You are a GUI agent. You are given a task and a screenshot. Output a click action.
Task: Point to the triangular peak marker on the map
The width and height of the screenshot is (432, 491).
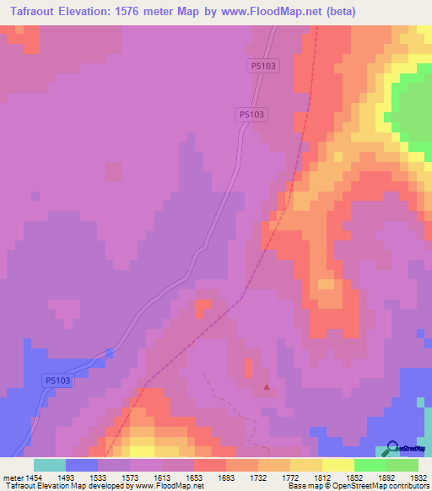(x=267, y=388)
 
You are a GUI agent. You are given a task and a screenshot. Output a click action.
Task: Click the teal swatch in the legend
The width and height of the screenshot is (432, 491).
(x=49, y=465)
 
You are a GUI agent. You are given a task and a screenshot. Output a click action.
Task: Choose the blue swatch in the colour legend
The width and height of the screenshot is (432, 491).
(x=81, y=465)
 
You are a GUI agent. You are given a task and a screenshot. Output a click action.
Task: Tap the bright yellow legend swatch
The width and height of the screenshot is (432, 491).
(x=337, y=465)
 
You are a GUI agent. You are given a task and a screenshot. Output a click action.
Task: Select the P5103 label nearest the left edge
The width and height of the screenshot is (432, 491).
(x=57, y=381)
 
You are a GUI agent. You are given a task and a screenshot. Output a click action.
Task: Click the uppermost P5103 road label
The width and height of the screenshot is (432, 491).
(x=263, y=64)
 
